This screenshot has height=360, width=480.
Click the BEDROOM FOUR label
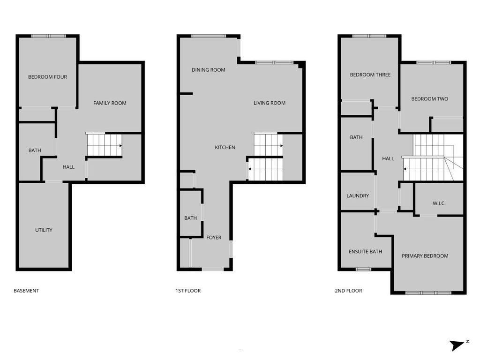click(x=47, y=77)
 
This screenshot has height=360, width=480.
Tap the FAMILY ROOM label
click(x=110, y=103)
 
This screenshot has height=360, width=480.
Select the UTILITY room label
click(x=44, y=230)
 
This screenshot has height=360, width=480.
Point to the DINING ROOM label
click(x=209, y=70)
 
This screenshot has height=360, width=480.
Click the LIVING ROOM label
click(x=270, y=103)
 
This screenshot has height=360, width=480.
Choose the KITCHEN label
click(x=225, y=148)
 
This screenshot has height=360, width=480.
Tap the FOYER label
click(x=214, y=238)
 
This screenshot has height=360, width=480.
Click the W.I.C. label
click(x=439, y=203)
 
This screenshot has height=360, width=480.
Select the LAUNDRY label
click(x=358, y=196)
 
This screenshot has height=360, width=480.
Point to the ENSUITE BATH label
click(x=365, y=252)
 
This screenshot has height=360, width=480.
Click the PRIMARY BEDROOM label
click(x=425, y=256)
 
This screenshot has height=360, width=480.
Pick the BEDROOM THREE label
click(x=370, y=75)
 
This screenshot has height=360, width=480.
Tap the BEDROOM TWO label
click(x=429, y=99)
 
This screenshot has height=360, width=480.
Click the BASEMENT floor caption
click(x=26, y=291)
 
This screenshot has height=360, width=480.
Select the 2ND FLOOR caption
click(x=348, y=291)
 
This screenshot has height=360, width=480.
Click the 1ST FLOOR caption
click(x=188, y=291)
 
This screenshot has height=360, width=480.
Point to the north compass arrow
click(x=456, y=345)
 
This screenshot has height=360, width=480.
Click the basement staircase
click(x=104, y=145)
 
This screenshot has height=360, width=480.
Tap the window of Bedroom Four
click(x=48, y=36)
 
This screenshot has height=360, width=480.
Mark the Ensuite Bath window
click(x=363, y=269)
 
